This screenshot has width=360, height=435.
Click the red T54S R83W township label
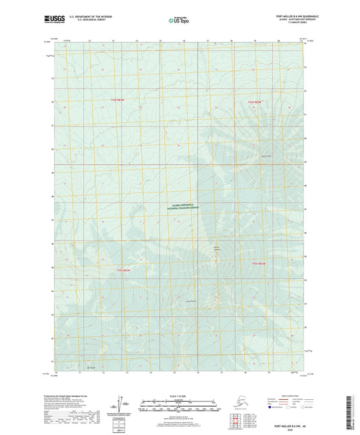(119, 100)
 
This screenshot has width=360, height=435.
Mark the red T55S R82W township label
(260, 263)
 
